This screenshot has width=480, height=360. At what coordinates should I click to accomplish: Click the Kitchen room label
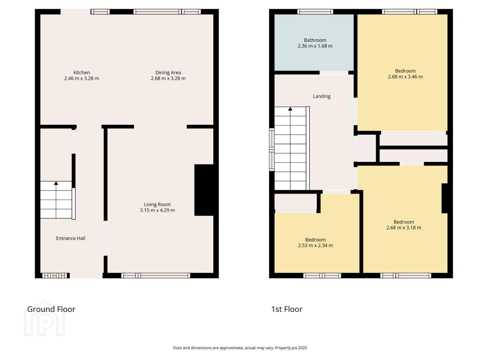pyautogui.click(x=81, y=73)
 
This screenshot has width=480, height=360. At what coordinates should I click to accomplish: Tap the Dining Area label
pyautogui.click(x=168, y=73)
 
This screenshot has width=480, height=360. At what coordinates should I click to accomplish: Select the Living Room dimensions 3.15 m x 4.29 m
pyautogui.click(x=157, y=210)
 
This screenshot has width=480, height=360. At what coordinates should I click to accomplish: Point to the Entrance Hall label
pyautogui.click(x=71, y=238)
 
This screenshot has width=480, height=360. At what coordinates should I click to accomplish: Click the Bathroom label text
pyautogui.click(x=315, y=40)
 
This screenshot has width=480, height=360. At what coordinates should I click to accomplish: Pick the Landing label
pyautogui.click(x=321, y=96)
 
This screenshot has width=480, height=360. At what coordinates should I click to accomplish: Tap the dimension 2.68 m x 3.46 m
pyautogui.click(x=405, y=77)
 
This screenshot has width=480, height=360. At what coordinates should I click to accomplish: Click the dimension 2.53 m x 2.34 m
pyautogui.click(x=315, y=245)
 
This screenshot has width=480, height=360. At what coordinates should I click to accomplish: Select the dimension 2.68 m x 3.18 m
pyautogui.click(x=404, y=228)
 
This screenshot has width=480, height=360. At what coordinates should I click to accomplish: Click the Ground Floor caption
pyautogui.click(x=51, y=309)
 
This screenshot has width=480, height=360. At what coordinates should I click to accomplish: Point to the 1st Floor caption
pyautogui.click(x=287, y=309)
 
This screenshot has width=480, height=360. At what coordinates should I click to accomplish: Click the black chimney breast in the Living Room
pyautogui.click(x=204, y=190)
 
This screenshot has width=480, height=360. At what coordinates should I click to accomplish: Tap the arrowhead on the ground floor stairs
pyautogui.click(x=56, y=183)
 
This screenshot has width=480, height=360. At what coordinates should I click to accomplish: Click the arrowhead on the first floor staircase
pyautogui.click(x=290, y=109)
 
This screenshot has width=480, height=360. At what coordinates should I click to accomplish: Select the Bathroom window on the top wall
pyautogui.click(x=315, y=12)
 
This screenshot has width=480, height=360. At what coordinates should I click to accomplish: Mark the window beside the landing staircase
pyautogui.click(x=272, y=150)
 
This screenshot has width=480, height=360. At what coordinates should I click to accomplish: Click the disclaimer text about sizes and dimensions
pyautogui.click(x=240, y=348)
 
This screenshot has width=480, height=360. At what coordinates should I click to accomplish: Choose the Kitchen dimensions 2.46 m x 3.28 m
pyautogui.click(x=82, y=78)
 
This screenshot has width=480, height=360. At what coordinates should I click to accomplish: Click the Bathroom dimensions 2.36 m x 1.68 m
pyautogui.click(x=315, y=46)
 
